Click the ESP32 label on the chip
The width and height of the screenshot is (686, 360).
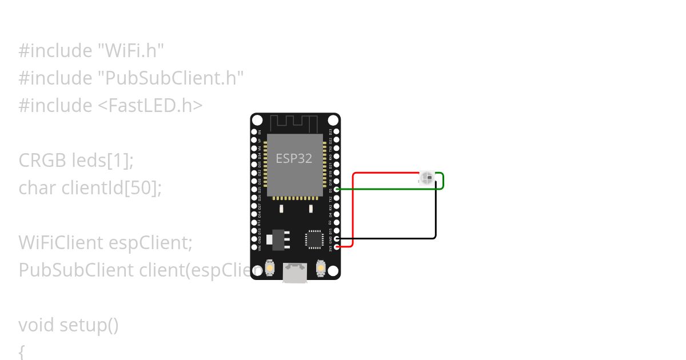tap(294, 158)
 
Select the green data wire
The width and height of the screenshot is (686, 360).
tap(389, 189)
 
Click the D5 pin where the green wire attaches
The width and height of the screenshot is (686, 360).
tap(337, 189)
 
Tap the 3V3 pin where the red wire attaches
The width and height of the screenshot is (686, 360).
tap(337, 246)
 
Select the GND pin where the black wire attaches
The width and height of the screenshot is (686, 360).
tap(337, 238)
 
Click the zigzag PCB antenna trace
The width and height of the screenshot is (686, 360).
tap(294, 122)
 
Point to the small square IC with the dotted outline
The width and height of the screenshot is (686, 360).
tap(314, 239)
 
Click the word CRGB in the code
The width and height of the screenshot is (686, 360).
tap(43, 161)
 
